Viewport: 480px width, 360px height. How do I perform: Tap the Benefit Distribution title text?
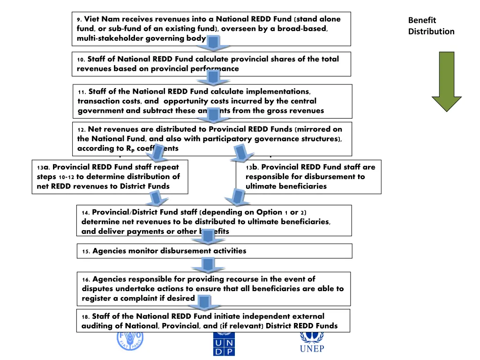pyautogui.click(x=431, y=26)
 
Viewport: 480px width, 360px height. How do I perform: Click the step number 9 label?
pyautogui.click(x=79, y=20)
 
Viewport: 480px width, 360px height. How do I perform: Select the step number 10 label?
pyautogui.click(x=81, y=60)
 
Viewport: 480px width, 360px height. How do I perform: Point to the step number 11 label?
pyautogui.click(x=82, y=92)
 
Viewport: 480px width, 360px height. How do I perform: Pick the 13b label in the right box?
pyautogui.click(x=252, y=167)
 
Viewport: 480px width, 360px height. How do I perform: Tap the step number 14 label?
pyautogui.click(x=86, y=212)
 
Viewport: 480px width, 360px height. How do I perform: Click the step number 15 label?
pyautogui.click(x=86, y=251)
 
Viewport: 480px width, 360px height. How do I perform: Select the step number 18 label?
pyautogui.click(x=86, y=317)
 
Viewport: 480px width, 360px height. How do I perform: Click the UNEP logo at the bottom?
pyautogui.click(x=312, y=341)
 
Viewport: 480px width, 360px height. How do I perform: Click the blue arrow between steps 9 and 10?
pyautogui.click(x=213, y=44)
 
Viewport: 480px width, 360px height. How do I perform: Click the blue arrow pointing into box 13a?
pyautogui.click(x=157, y=153)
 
